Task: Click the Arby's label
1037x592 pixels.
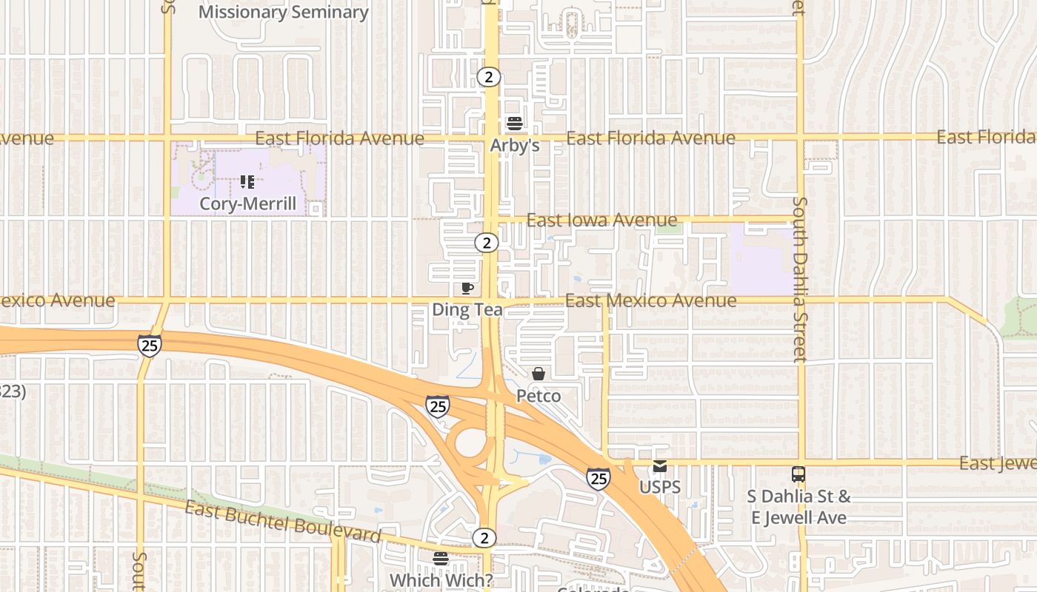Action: [x=514, y=145]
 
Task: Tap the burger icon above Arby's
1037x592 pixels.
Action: [x=514, y=123]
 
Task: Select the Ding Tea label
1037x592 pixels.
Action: [x=467, y=309]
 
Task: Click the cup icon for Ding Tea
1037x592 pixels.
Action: [x=467, y=288]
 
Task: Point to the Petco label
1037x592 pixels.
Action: [x=538, y=396]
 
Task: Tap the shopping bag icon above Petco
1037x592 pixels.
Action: [x=538, y=374]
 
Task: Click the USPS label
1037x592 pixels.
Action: [x=660, y=488]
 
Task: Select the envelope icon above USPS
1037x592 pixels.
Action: [x=660, y=466]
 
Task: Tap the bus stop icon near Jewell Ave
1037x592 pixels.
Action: [x=798, y=474]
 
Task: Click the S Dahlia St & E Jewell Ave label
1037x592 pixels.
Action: [x=798, y=507]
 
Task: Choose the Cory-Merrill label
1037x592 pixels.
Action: [x=247, y=203]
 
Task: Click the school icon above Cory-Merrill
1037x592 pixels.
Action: [x=247, y=181]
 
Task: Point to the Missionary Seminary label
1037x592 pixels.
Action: [x=283, y=12]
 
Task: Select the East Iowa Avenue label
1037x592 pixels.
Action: [x=601, y=220]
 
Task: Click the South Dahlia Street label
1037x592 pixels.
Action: [x=799, y=279]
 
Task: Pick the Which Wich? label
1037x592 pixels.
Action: [x=441, y=580]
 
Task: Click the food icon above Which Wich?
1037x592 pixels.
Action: [x=441, y=559]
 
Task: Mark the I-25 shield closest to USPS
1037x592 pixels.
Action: [x=598, y=479]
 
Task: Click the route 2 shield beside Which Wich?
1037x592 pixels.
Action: [x=484, y=538]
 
